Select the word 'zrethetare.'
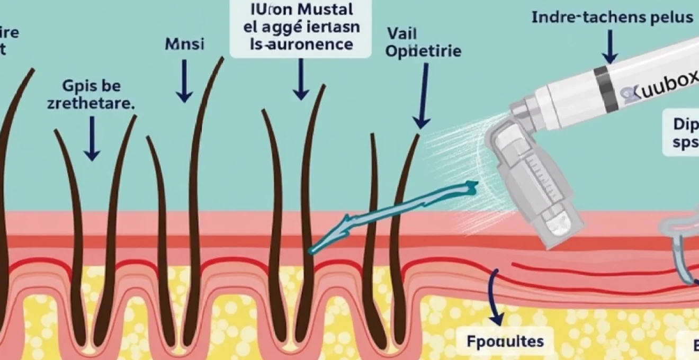91,103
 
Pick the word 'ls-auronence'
300,44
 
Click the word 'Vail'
402,33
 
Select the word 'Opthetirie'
424,51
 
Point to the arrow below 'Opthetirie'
423,95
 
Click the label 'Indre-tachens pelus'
612,17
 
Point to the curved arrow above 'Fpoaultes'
495,296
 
